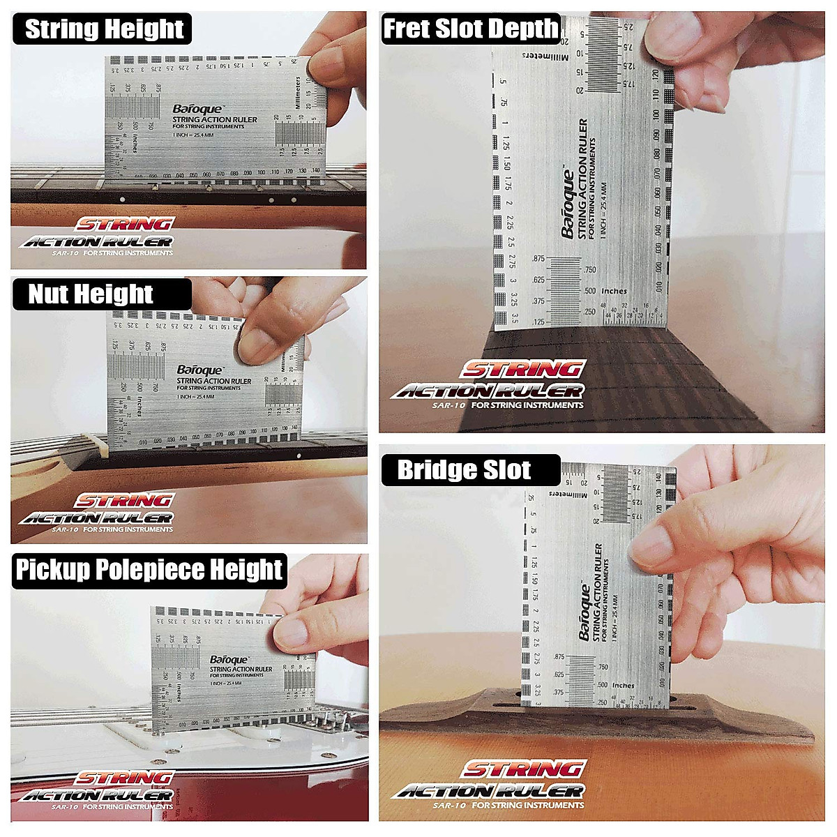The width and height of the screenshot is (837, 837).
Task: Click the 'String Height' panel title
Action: [x=104, y=29]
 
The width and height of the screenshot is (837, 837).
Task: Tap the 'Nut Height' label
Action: [x=90, y=294]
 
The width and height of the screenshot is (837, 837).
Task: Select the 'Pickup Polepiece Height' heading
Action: [x=149, y=570]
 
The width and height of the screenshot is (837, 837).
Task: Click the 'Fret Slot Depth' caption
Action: [x=471, y=29]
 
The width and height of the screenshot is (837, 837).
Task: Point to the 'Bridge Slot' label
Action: [x=464, y=470]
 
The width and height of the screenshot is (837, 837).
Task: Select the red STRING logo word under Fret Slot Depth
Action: [x=522, y=370]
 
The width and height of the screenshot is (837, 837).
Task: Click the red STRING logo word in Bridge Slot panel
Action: [x=522, y=769]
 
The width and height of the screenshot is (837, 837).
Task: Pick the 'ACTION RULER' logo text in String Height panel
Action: [x=97, y=242]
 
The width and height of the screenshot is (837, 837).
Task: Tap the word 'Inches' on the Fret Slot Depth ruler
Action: [x=614, y=291]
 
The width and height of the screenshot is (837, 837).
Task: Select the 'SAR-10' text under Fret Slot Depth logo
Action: [x=448, y=405]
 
